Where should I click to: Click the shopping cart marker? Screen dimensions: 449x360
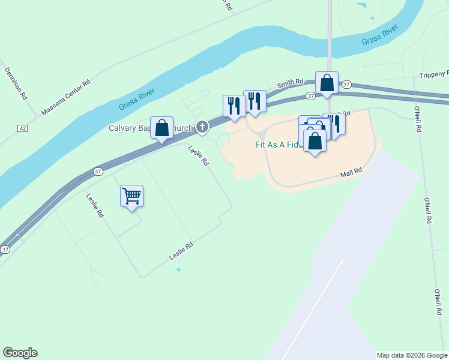(x=131, y=196)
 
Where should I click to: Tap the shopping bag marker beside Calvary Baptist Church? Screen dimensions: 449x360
(x=161, y=128)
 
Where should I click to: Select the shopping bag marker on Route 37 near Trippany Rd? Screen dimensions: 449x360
(x=327, y=83)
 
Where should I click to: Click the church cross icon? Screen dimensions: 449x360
(x=203, y=127)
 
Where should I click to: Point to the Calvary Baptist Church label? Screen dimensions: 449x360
(x=151, y=128)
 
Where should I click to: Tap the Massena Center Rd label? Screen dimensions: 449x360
(x=65, y=97)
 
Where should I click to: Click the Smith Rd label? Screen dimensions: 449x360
(x=290, y=85)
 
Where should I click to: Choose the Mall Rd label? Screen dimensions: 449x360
(x=352, y=172)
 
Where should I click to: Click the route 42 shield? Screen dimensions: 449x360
(x=22, y=128)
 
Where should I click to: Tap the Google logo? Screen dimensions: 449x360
(x=20, y=353)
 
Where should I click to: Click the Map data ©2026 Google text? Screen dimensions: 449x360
(x=412, y=355)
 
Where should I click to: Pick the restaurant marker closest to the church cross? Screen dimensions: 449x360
(x=232, y=106)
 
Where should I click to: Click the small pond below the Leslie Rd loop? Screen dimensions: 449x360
(x=178, y=269)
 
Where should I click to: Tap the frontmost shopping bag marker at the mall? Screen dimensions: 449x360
(x=315, y=142)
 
